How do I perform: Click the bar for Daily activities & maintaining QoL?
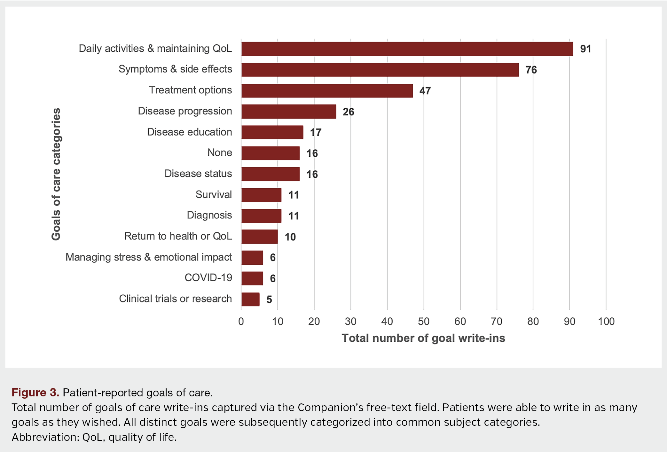point(407,49)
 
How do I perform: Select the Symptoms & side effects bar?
point(380,70)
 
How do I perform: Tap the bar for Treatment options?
point(327,91)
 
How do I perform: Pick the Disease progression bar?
point(288,112)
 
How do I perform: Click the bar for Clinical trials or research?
point(250,300)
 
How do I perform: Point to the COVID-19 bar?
point(252,278)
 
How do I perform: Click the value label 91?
point(585,49)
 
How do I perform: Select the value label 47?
point(425,91)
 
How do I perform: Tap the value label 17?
point(316,132)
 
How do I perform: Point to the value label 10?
point(290,237)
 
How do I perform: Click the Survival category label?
point(214,194)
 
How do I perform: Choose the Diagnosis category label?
point(209,215)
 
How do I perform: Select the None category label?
point(219,152)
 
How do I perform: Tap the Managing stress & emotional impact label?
point(149,257)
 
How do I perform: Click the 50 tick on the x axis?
point(424,321)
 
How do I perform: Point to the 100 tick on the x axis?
point(606,321)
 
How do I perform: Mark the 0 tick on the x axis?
point(241,321)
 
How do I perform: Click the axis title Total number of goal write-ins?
point(423,338)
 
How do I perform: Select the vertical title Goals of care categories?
point(56,174)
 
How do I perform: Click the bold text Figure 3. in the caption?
point(35,393)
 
